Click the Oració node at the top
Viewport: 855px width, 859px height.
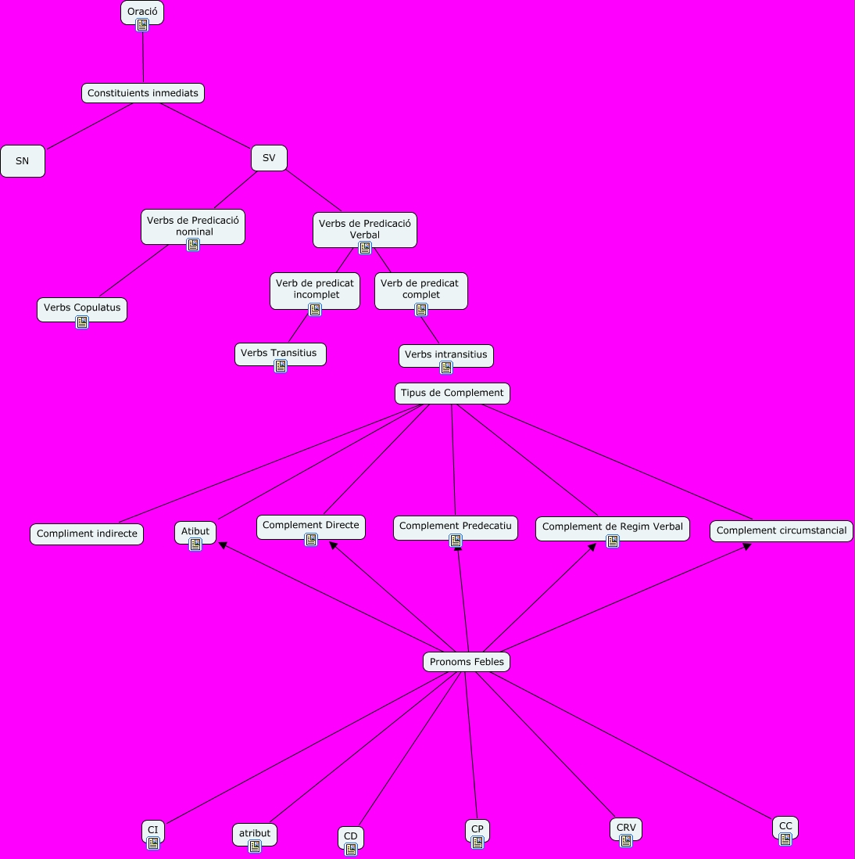142,12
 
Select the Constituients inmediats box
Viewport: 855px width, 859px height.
143,93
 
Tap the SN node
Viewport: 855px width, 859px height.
23,161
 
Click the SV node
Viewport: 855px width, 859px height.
269,158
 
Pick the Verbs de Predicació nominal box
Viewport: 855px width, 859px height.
193,225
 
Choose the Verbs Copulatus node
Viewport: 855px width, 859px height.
82,307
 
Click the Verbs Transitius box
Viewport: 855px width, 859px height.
279,353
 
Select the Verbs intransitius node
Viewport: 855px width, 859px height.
445,354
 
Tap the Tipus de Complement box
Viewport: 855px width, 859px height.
453,393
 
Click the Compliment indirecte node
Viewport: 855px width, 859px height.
87,534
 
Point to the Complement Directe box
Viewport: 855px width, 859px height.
311,525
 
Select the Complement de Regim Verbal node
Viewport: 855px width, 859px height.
613,527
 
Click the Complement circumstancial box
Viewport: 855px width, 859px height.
782,530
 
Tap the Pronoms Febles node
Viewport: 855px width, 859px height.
467,662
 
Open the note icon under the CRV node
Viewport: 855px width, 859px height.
626,841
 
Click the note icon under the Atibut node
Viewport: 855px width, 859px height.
195,545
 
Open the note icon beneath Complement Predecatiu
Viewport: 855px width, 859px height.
456,540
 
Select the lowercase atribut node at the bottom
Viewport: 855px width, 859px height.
255,833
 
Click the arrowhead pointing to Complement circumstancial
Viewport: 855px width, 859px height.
747,546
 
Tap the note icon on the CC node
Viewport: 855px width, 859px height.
785,839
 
